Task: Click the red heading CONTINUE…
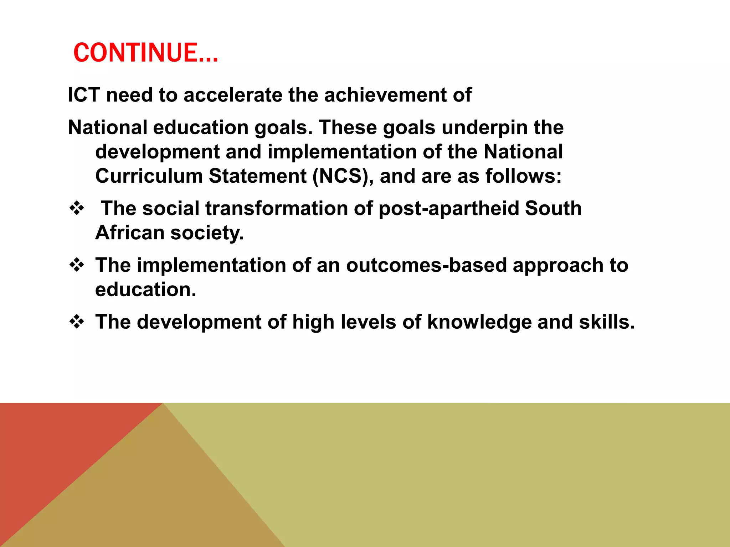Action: [145, 53]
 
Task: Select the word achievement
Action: [385, 95]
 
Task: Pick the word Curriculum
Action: [149, 176]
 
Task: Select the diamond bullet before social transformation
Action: [77, 208]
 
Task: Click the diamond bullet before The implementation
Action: [77, 265]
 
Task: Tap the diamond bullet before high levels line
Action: [77, 322]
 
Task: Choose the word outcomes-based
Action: [426, 265]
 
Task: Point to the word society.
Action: [207, 233]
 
